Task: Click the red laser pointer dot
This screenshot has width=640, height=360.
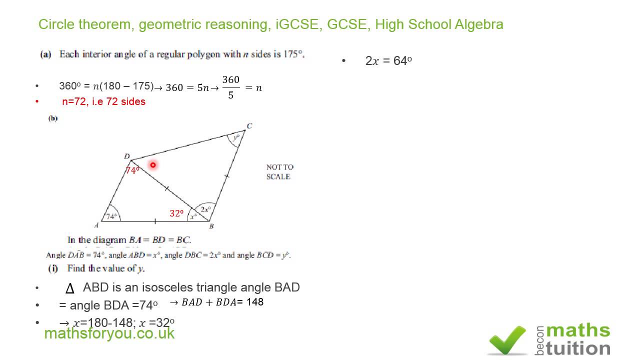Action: click(153, 164)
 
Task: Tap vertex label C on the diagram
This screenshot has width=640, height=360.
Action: click(249, 125)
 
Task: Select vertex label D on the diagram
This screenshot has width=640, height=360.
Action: click(127, 157)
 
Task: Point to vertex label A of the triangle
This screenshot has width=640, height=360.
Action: click(96, 225)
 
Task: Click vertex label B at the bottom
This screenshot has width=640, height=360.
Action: click(211, 226)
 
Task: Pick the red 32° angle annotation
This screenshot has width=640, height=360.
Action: click(176, 213)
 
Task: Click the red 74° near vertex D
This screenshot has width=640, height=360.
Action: click(132, 170)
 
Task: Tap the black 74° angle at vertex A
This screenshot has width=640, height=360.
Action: click(112, 216)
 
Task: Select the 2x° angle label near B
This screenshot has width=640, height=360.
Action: click(205, 209)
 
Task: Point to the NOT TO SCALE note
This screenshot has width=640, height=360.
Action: click(279, 171)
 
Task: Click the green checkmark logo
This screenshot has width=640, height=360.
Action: click(507, 340)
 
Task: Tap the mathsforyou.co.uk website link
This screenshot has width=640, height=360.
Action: click(109, 333)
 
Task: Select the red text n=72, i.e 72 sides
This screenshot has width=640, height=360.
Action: click(103, 101)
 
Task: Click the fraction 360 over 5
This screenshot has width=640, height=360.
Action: click(230, 87)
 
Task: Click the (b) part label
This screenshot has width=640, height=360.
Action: click(53, 118)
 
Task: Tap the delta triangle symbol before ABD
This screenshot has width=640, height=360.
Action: click(70, 288)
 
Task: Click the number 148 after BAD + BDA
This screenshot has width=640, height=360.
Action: click(255, 302)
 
